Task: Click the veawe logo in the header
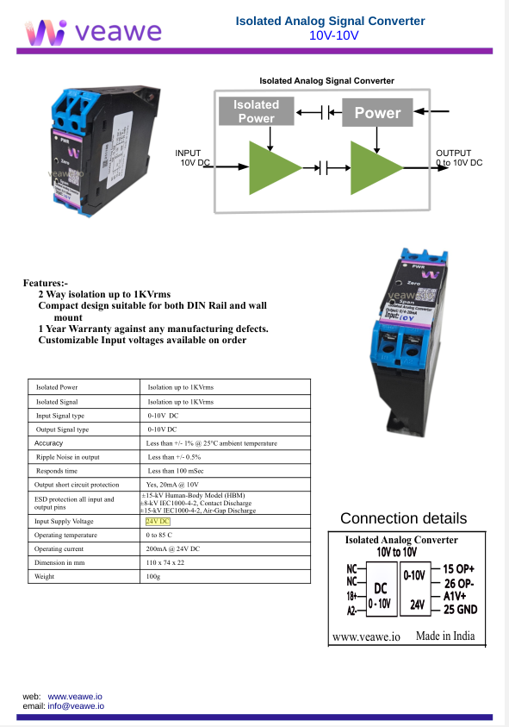point(94,32)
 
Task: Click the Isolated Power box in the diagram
point(256,111)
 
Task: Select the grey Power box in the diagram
point(377,112)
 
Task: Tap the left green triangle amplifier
point(270,168)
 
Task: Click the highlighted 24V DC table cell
point(158,522)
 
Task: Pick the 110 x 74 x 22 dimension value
point(170,561)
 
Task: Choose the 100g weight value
point(153,576)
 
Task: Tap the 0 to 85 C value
point(160,536)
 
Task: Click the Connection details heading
point(403,518)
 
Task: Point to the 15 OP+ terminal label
point(459,569)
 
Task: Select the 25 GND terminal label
point(460,610)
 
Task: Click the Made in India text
point(444,636)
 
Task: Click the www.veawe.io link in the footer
point(75,695)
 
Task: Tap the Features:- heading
point(45,283)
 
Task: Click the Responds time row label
point(57,471)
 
